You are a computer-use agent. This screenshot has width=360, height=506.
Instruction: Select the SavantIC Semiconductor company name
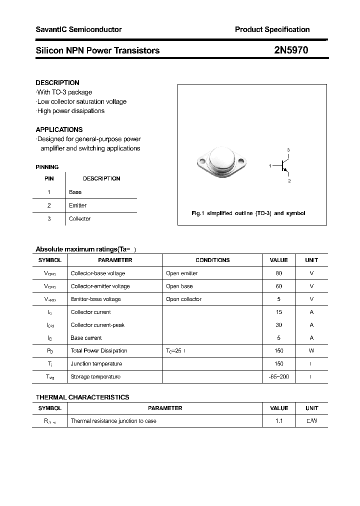pyautogui.click(x=78, y=29)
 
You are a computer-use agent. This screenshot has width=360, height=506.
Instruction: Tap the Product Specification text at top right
pyautogui.click(x=272, y=29)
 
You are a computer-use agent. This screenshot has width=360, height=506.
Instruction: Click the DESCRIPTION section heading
pyautogui.click(x=57, y=82)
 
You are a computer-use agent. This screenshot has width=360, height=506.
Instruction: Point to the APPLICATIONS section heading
pyautogui.click(x=59, y=129)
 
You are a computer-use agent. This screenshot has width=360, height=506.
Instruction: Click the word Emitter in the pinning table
pyautogui.click(x=77, y=205)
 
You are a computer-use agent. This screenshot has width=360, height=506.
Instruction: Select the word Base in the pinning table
pyautogui.click(x=75, y=192)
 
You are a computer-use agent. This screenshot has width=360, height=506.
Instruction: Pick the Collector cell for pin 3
pyautogui.click(x=79, y=219)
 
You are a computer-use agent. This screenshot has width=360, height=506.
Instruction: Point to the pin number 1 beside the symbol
pyautogui.click(x=270, y=165)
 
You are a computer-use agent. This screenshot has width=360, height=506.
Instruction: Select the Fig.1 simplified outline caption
pyautogui.click(x=248, y=213)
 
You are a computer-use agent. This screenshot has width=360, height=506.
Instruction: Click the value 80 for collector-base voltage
pyautogui.click(x=278, y=273)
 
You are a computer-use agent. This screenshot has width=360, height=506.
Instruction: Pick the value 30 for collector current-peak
pyautogui.click(x=278, y=325)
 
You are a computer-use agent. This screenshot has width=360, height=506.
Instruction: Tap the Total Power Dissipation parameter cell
pyautogui.click(x=99, y=351)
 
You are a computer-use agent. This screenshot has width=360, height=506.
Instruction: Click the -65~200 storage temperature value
pyautogui.click(x=278, y=376)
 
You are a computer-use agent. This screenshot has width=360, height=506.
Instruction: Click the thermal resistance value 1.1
pyautogui.click(x=278, y=421)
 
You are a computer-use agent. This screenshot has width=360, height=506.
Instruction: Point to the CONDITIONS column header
pyautogui.click(x=212, y=260)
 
